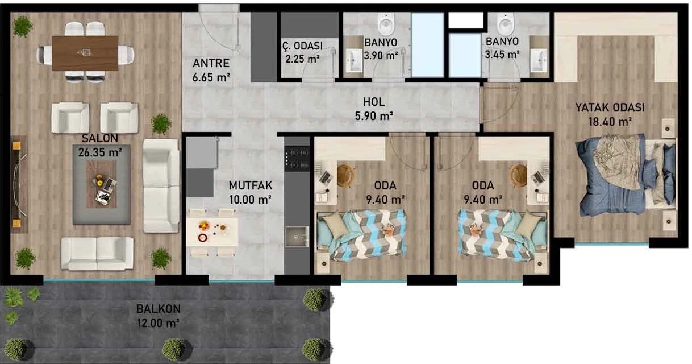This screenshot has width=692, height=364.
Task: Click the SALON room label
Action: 100,138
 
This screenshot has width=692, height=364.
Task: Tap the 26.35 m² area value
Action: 100,152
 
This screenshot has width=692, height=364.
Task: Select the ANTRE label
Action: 211,63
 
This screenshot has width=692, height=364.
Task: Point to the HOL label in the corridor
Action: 374,102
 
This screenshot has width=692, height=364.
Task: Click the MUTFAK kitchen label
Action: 251,185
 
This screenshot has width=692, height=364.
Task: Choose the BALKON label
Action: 159,309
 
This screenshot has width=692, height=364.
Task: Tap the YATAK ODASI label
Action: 610,107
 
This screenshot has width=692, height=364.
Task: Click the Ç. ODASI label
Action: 302,45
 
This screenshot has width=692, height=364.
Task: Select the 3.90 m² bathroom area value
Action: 381,56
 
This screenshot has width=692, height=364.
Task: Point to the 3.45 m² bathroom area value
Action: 502,55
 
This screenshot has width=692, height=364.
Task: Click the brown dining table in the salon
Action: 85,53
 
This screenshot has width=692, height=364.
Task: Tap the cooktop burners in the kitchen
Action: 297,159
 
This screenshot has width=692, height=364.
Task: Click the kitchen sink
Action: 297,237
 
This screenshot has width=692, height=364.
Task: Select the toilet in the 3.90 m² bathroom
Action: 386,24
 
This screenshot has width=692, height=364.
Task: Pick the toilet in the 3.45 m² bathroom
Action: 506,23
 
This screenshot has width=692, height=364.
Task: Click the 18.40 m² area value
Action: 610,122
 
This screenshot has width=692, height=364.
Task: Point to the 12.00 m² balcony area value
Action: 159,323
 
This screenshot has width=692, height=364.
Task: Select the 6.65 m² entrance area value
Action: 211,77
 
